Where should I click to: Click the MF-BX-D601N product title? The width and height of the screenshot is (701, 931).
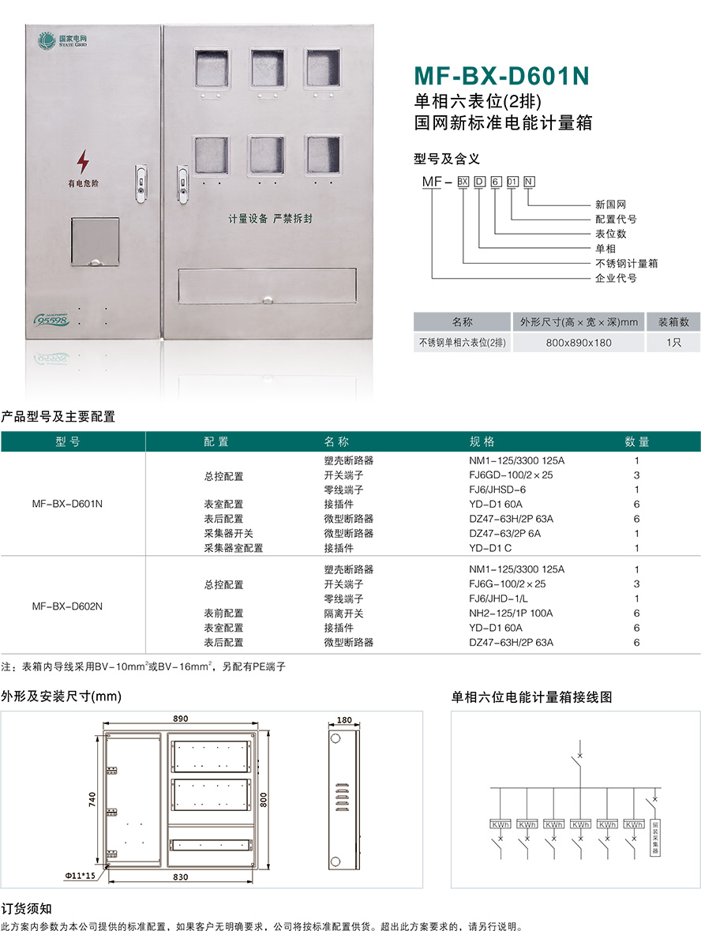[x=502, y=76]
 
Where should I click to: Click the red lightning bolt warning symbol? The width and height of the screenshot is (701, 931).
[x=83, y=162]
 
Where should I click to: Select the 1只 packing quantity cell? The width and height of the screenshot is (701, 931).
[x=673, y=343]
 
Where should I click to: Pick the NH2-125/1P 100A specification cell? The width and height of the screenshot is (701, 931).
[x=511, y=614]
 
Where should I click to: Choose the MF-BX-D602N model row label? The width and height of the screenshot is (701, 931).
[x=67, y=606]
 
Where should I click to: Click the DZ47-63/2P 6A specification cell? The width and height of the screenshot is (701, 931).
[x=509, y=533]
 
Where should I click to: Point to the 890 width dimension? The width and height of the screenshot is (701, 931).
[x=180, y=719]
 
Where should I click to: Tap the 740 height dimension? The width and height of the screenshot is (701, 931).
[x=92, y=799]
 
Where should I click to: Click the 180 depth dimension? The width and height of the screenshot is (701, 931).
[x=344, y=720]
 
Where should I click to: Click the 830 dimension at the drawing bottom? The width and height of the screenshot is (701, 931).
[x=180, y=876]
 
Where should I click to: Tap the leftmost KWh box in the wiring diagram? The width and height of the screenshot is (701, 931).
[x=500, y=824]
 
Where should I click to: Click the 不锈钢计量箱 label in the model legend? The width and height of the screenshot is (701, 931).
[x=626, y=263]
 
